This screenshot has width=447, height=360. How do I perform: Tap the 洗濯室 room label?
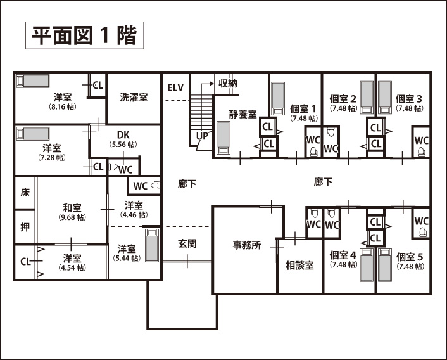click(134, 98)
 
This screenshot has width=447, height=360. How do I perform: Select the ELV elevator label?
click(175, 87)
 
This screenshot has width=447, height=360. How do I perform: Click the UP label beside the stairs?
click(202, 136)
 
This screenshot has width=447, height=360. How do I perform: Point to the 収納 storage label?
click(228, 83)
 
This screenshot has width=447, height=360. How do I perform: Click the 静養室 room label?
click(242, 114)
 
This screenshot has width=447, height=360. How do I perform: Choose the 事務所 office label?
click(247, 246)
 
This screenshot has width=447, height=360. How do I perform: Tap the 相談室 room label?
click(299, 266)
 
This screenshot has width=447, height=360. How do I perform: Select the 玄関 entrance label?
click(187, 243)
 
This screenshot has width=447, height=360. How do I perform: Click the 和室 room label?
click(70, 208)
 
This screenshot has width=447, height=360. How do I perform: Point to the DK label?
click(123, 135)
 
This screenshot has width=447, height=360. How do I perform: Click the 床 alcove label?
click(25, 193)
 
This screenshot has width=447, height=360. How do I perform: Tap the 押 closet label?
click(25, 226)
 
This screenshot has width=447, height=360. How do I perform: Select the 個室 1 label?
click(303, 108)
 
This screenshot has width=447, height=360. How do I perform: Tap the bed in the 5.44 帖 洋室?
click(151, 245)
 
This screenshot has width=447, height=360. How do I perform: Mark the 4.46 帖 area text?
click(133, 215)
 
